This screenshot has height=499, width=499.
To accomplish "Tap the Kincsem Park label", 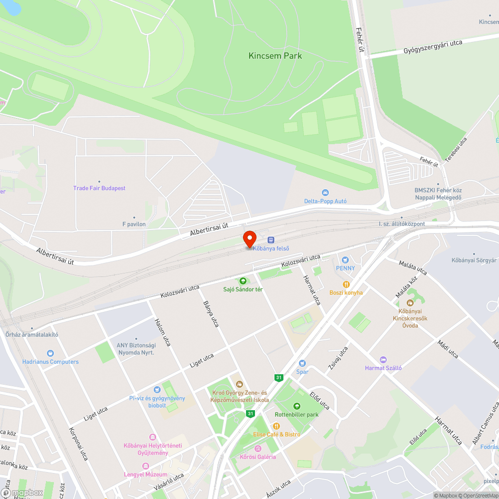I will click(x=275, y=56).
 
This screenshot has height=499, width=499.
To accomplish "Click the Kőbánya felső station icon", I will click(x=271, y=240).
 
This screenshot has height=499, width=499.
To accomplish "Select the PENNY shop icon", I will click(x=344, y=259).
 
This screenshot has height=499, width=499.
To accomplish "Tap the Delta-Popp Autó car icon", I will click(x=325, y=193).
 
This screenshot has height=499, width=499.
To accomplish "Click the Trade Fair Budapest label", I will click(x=99, y=188).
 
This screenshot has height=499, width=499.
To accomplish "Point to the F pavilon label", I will click(x=134, y=224).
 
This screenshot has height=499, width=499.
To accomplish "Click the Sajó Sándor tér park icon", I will click(x=243, y=281).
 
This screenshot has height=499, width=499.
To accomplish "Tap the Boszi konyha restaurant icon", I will click(x=346, y=284).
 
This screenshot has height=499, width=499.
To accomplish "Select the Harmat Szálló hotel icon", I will click(x=383, y=359).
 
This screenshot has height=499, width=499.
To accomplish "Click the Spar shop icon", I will click(x=302, y=363).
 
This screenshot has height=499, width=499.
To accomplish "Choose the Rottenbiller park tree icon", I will click(x=297, y=406).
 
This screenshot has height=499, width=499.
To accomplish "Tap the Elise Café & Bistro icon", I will click(x=276, y=426).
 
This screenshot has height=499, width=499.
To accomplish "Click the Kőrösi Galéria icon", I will click(x=257, y=449).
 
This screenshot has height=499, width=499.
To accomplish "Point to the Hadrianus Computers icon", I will click(x=50, y=353).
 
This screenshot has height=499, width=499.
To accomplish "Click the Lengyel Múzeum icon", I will click(x=146, y=466).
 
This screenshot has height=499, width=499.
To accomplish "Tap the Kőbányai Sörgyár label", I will click(x=474, y=260).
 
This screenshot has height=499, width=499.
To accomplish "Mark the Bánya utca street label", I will click(x=211, y=314).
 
